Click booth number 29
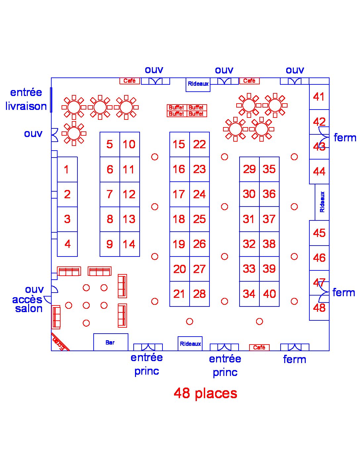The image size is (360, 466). (249, 169)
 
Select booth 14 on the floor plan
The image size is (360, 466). (130, 244)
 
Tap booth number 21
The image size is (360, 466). (179, 294)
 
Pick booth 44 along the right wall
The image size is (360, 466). (319, 171)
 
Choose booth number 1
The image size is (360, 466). (67, 169)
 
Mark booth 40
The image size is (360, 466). (269, 294)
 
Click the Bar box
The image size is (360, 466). (111, 342)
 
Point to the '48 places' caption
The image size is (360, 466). (205, 393)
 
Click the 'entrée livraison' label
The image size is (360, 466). (26, 99)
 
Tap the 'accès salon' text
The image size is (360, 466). (27, 304)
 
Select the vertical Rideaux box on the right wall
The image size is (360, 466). (322, 202)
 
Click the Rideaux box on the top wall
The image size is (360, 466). (198, 85)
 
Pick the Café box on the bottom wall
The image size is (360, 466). (259, 348)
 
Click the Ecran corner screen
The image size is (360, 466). (60, 342)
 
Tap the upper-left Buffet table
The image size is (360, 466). (177, 108)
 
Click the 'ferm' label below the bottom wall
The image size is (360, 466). (294, 359)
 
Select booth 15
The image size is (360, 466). (179, 144)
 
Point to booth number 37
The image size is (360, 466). (269, 219)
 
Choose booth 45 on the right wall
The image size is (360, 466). (319, 233)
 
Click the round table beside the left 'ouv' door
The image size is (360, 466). (74, 134)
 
